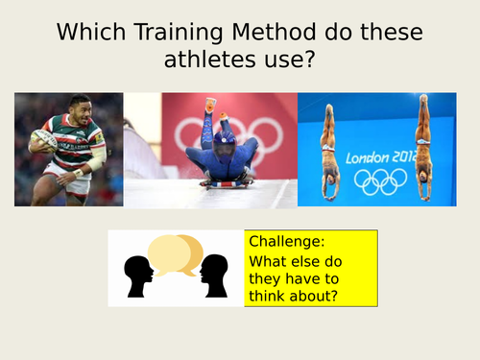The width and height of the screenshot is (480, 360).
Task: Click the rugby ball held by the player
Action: point(43,142)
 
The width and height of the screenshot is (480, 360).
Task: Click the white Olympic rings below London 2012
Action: point(380,180)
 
